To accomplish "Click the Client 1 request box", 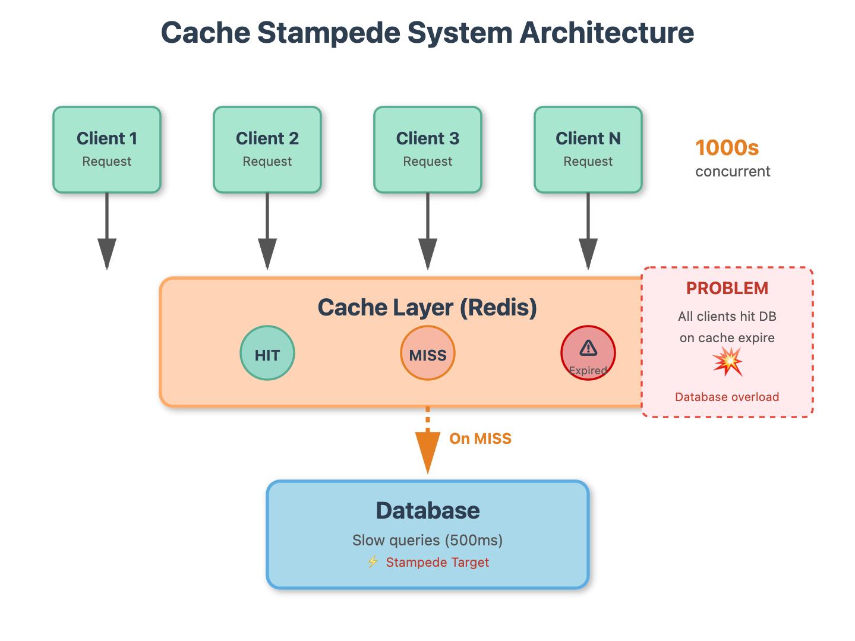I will point(107,150).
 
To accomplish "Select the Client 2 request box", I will point(267,150).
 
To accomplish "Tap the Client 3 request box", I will point(428,150).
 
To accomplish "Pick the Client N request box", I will point(588,150).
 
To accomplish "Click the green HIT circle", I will point(267,353).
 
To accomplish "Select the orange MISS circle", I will point(428,353).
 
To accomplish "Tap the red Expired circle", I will point(588,353).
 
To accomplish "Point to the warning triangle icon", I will point(588,348).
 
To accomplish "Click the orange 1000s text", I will point(727,148).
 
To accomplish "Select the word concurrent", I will point(733,172).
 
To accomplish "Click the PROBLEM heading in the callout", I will point(727,289).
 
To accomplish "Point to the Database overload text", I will point(727,397).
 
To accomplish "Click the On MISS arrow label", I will point(480,439).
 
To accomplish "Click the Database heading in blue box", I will point(428,511).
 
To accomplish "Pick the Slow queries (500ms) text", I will point(428,540).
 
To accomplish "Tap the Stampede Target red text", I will point(437,563).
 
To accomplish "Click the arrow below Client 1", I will point(107,232).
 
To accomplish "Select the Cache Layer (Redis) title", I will point(427,308).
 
